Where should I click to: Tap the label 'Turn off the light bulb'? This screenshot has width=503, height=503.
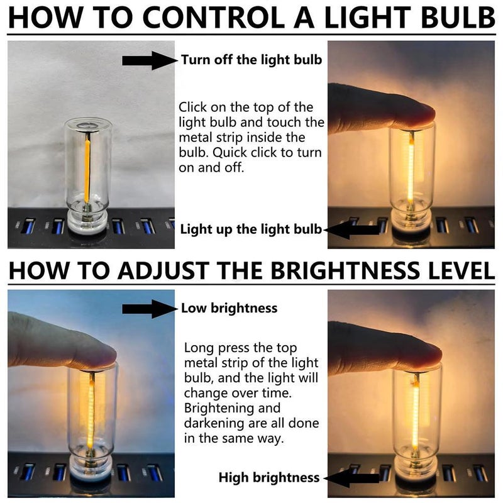point(251,60)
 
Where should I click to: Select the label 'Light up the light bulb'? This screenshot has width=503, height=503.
point(251,229)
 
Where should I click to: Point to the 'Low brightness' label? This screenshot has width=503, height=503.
point(229,308)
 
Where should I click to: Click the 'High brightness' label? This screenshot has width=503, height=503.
point(269,478)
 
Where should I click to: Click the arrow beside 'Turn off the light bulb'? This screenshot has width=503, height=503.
point(150,60)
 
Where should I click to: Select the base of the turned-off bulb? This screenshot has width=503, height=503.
point(86,223)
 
